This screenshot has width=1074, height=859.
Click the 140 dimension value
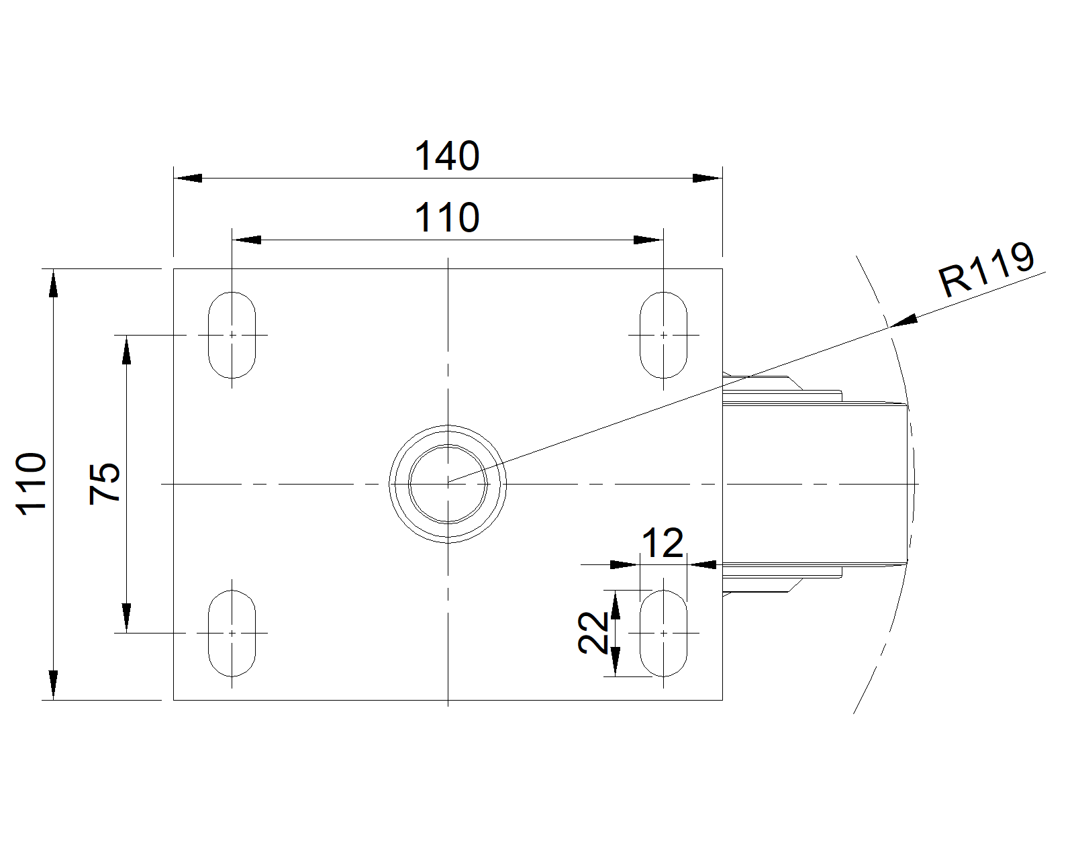click(447, 156)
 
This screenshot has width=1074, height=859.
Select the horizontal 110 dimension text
click(447, 217)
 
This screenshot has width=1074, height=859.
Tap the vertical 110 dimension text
click(32, 484)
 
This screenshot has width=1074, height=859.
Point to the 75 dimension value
click(105, 483)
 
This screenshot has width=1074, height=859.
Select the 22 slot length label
click(593, 633)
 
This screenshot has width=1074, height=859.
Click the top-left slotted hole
click(232, 334)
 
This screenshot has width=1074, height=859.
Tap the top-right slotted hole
click(663, 334)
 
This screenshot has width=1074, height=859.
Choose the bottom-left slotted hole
click(232, 633)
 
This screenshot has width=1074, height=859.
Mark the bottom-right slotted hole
click(663, 633)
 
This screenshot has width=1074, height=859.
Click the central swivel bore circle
click(448, 483)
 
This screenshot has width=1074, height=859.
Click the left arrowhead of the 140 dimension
click(188, 178)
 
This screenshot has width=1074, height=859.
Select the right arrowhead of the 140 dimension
click(707, 178)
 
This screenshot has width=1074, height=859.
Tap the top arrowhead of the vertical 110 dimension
click(53, 283)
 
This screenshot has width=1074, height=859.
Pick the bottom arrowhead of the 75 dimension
click(126, 617)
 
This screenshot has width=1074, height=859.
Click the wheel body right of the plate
click(816, 483)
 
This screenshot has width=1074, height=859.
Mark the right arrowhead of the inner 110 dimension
click(649, 240)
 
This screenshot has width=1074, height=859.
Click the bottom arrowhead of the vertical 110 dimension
click(53, 685)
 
